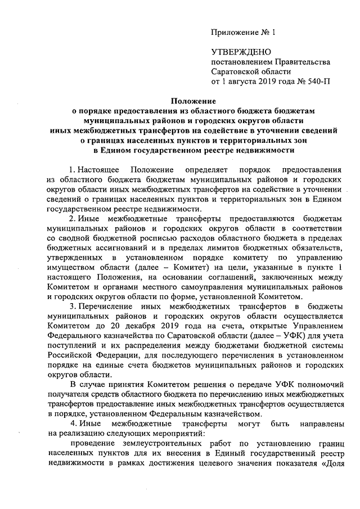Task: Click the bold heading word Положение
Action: coord(194,101)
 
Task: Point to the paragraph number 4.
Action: coord(71,423)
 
